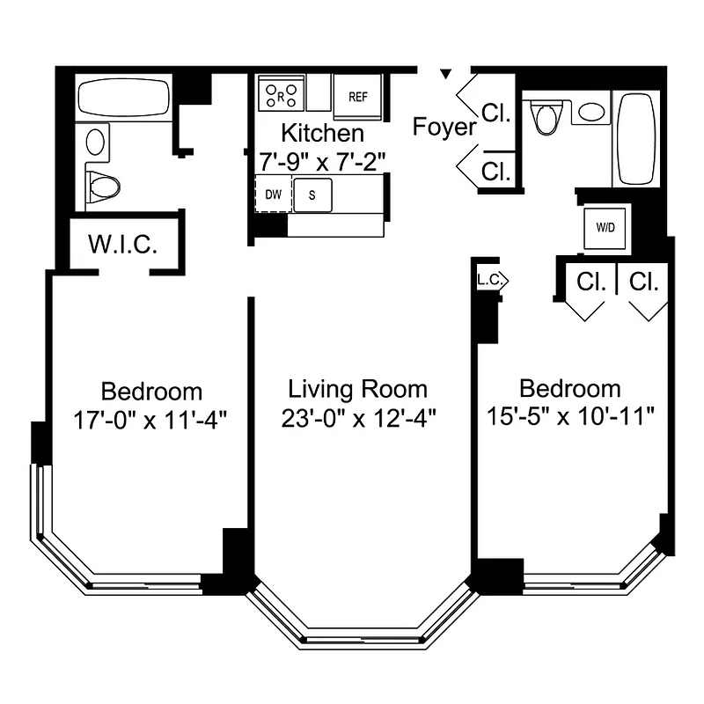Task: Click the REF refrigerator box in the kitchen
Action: (358, 97)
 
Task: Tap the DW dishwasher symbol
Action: (273, 194)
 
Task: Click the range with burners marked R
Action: (282, 92)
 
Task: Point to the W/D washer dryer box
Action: (606, 227)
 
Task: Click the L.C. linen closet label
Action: (490, 281)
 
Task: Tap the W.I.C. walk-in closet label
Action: (123, 244)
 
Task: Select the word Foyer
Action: (444, 128)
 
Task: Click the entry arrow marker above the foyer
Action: (446, 73)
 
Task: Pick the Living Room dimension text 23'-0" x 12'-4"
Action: (358, 419)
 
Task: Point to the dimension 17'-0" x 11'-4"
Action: (151, 420)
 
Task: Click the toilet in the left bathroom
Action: (105, 186)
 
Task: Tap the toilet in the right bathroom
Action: (546, 117)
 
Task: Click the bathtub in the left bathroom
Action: (123, 97)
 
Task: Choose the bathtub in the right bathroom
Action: (634, 138)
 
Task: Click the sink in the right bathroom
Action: (592, 113)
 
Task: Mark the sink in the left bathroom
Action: (97, 141)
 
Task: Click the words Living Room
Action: (358, 389)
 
